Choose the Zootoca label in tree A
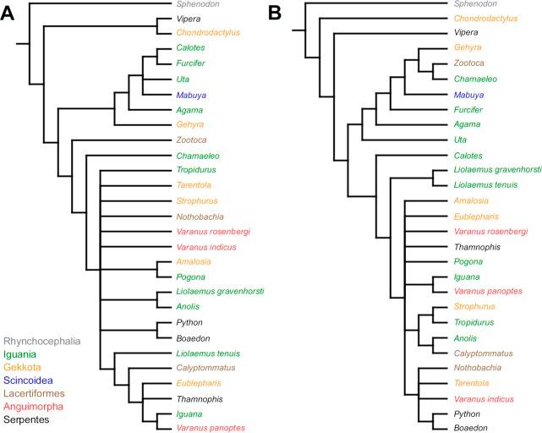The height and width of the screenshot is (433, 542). [x=191, y=140]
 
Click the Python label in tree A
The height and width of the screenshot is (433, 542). [x=189, y=322]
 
